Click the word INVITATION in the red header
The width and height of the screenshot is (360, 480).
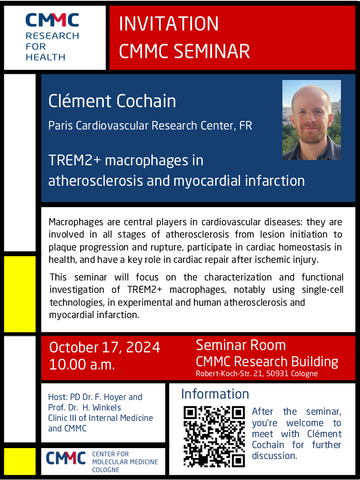(x=169, y=24)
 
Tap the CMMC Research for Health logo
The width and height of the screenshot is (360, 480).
(x=52, y=37)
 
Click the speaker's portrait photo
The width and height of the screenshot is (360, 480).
(x=311, y=120)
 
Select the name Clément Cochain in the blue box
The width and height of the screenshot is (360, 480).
(x=112, y=101)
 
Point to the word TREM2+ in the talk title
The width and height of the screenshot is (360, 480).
(x=74, y=160)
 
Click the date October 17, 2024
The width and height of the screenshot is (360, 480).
(x=105, y=347)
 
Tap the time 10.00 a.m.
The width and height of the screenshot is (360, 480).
(x=82, y=364)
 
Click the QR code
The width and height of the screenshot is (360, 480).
(x=214, y=436)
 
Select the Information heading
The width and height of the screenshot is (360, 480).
(x=215, y=394)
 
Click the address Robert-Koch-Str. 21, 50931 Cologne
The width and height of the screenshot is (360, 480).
(x=257, y=374)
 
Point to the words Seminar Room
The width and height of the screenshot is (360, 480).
(x=241, y=345)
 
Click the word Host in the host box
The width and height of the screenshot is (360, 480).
(x=57, y=397)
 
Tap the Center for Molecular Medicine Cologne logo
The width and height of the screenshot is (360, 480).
(x=102, y=462)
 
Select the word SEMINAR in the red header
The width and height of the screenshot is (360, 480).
(x=212, y=51)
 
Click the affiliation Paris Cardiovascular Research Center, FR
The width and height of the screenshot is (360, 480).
(x=150, y=126)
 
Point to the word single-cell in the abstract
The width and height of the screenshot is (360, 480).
(x=322, y=290)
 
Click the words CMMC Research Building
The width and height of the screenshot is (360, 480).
(x=267, y=362)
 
